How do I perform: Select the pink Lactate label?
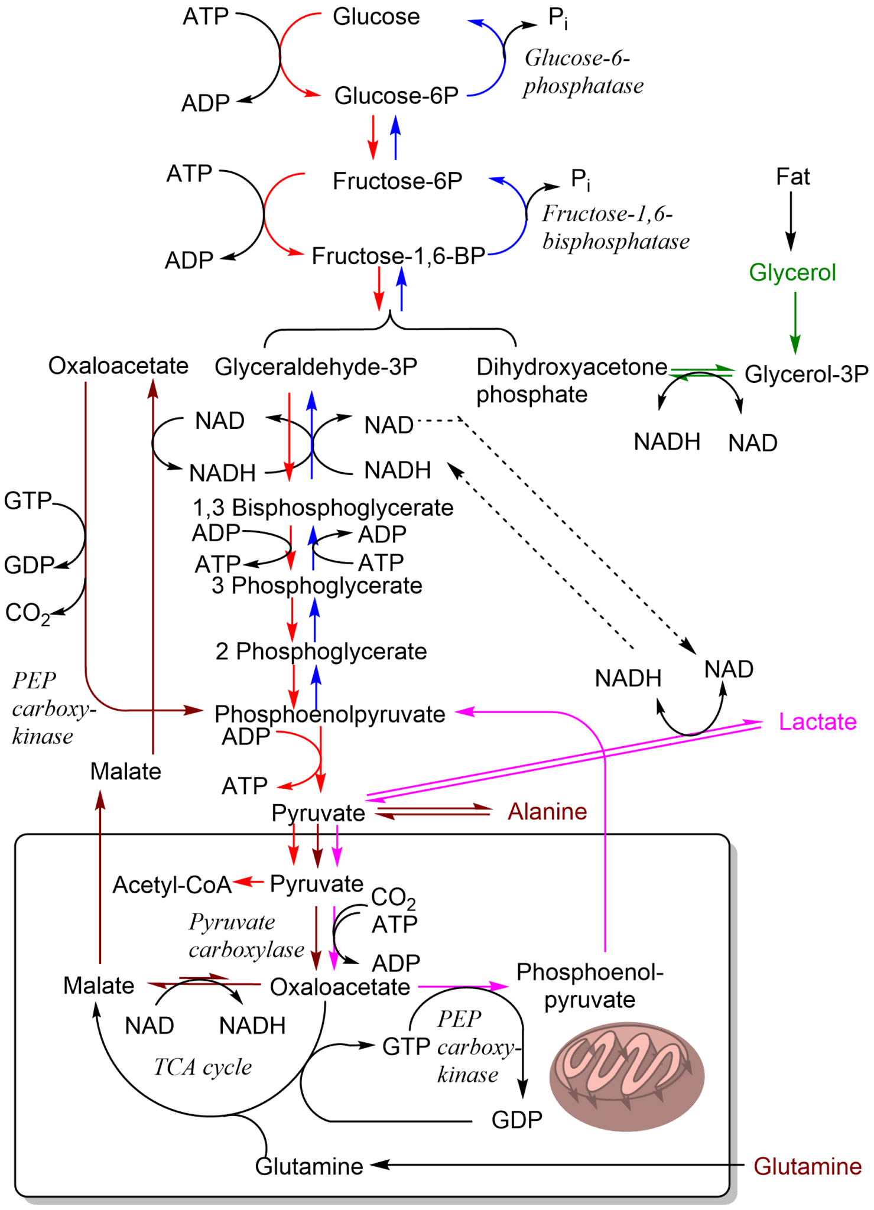817,721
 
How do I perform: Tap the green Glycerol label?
792,273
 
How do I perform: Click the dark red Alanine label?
547,812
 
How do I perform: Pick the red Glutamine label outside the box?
807,1166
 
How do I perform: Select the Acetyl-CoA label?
172,884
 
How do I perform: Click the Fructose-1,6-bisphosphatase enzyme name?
615,228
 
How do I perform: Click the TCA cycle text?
202,1066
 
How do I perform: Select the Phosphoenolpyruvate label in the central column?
330,714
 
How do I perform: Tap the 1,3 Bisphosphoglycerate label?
323,508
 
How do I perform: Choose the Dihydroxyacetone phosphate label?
570,380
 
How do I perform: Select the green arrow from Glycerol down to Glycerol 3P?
795,323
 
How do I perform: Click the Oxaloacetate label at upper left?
118,366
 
